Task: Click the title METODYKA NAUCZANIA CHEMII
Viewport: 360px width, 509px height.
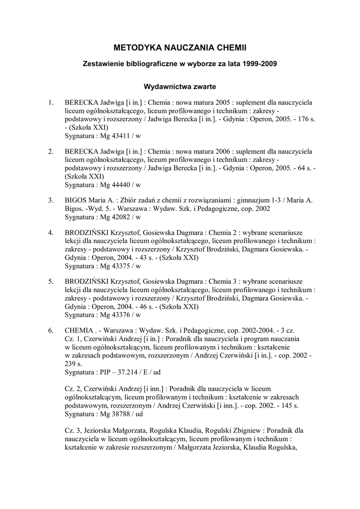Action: [180, 48]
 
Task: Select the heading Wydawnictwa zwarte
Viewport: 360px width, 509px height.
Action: [180, 86]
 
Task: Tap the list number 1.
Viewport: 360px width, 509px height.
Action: [50, 102]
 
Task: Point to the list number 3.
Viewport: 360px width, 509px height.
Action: [50, 200]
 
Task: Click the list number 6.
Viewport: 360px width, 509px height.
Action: [50, 330]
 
